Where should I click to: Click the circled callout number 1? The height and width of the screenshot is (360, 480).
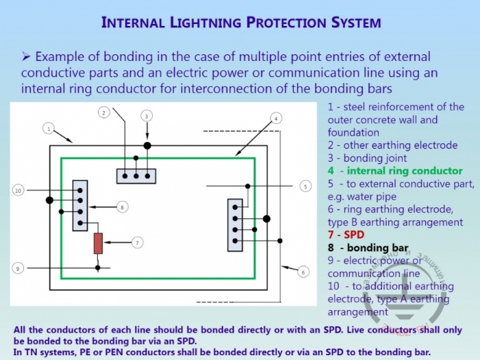pyautogui.click(x=48, y=128)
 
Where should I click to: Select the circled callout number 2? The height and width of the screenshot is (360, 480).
pyautogui.click(x=104, y=112)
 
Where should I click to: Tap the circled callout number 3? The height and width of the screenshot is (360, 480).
pyautogui.click(x=147, y=116)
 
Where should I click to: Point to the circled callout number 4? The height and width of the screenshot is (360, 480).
pyautogui.click(x=275, y=118)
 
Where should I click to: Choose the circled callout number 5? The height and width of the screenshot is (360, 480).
pyautogui.click(x=305, y=185)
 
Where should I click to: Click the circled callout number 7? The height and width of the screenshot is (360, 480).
pyautogui.click(x=138, y=242)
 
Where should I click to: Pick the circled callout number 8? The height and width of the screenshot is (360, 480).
pyautogui.click(x=122, y=206)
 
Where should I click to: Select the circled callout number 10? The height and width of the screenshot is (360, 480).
pyautogui.click(x=18, y=190)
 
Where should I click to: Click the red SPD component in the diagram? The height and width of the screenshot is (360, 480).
pyautogui.click(x=98, y=243)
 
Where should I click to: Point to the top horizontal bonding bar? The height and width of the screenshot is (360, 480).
pyautogui.click(x=136, y=176)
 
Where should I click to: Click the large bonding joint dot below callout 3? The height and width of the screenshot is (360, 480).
pyautogui.click(x=147, y=146)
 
